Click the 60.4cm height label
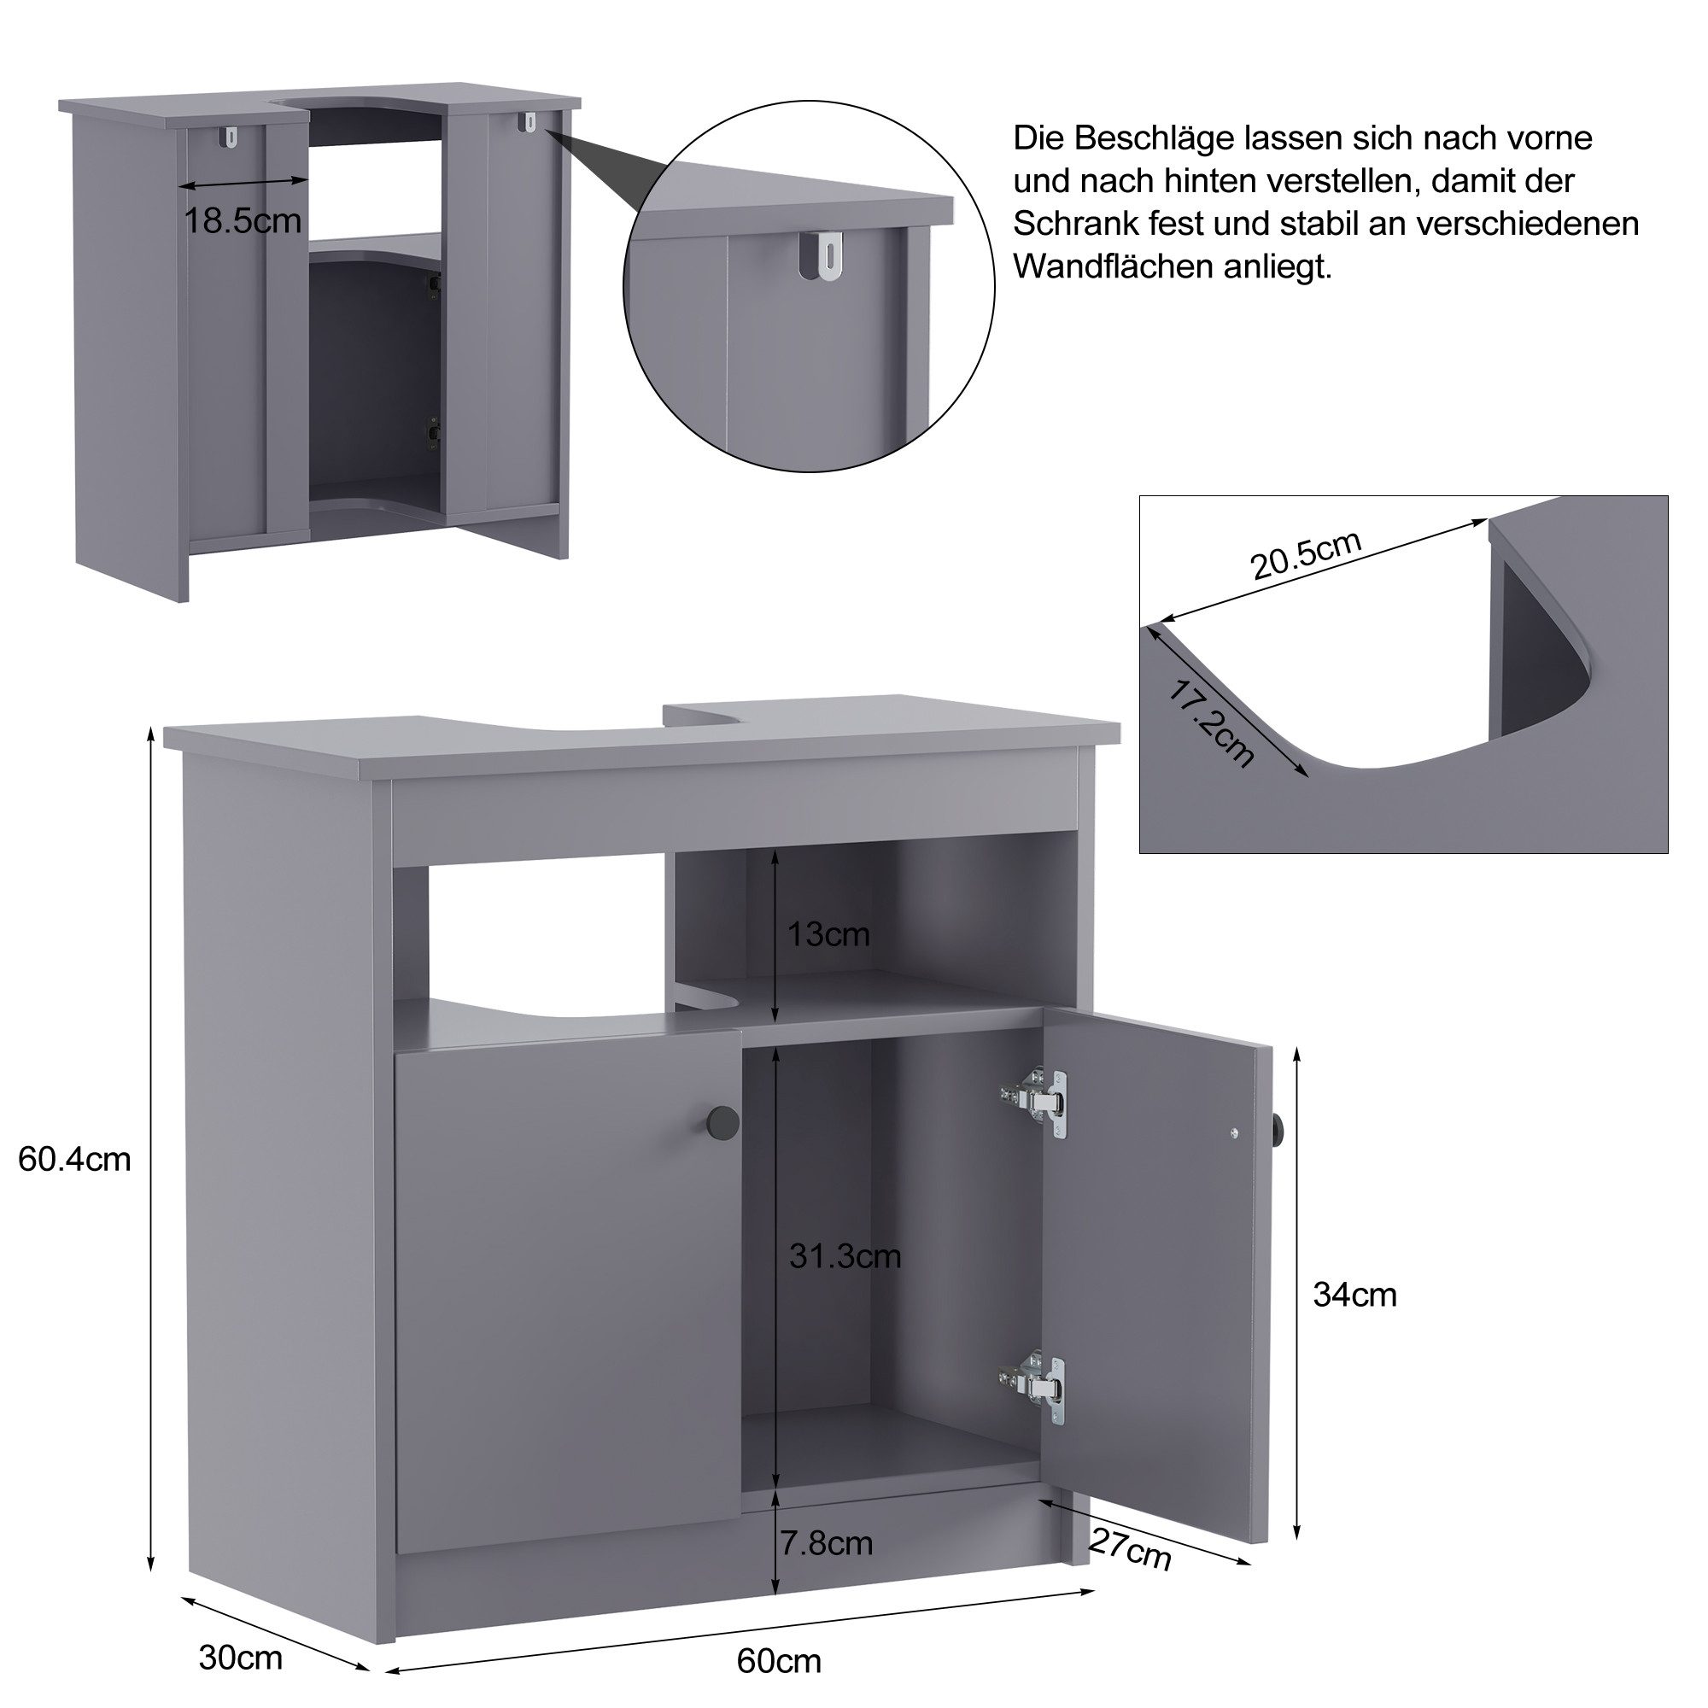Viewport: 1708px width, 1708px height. pos(74,1159)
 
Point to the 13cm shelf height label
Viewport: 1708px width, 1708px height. pos(828,933)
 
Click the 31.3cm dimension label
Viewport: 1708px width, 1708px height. pos(845,1256)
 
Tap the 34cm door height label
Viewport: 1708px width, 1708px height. pos(1354,1296)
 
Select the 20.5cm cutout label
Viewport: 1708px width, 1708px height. pos(1307,554)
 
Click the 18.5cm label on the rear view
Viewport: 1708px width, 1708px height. pos(243,220)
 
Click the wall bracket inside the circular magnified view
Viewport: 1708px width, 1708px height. pos(827,257)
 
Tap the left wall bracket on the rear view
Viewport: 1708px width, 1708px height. pos(231,137)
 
